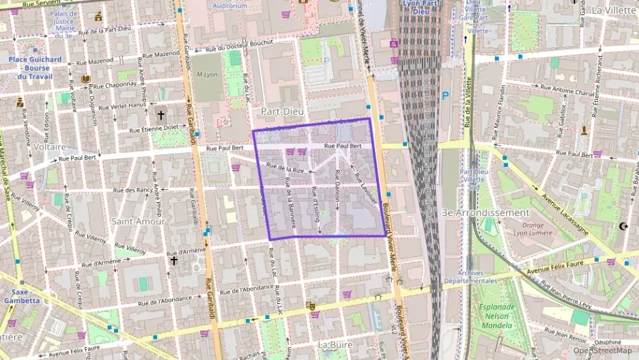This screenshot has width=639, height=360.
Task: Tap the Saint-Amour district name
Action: click(x=139, y=221)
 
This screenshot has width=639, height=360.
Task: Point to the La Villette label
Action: click(x=613, y=10)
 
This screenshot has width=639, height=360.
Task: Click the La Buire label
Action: click(x=335, y=345)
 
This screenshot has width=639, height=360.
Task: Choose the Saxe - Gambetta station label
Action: click(x=21, y=296)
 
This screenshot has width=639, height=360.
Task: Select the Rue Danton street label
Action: click(x=337, y=196)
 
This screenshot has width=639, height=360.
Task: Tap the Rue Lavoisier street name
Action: click(x=365, y=188)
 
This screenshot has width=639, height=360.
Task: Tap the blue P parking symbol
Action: click(x=446, y=96)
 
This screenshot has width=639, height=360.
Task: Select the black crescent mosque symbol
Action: click(x=622, y=225)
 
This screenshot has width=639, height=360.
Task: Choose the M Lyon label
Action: click(x=205, y=74)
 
